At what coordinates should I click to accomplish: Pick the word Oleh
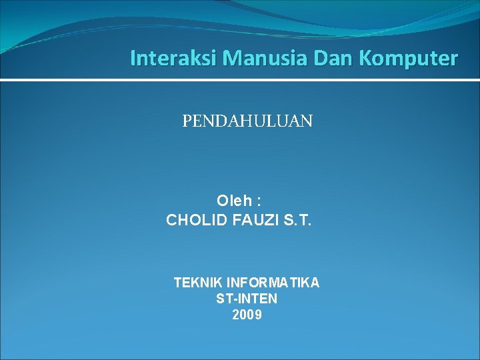(x=235, y=200)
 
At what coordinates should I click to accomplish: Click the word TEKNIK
(x=197, y=283)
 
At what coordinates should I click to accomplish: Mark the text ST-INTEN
(x=247, y=299)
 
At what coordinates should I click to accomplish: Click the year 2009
(x=247, y=315)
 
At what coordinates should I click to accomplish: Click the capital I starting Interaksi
(x=133, y=59)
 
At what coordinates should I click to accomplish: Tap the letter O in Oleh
(x=223, y=200)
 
